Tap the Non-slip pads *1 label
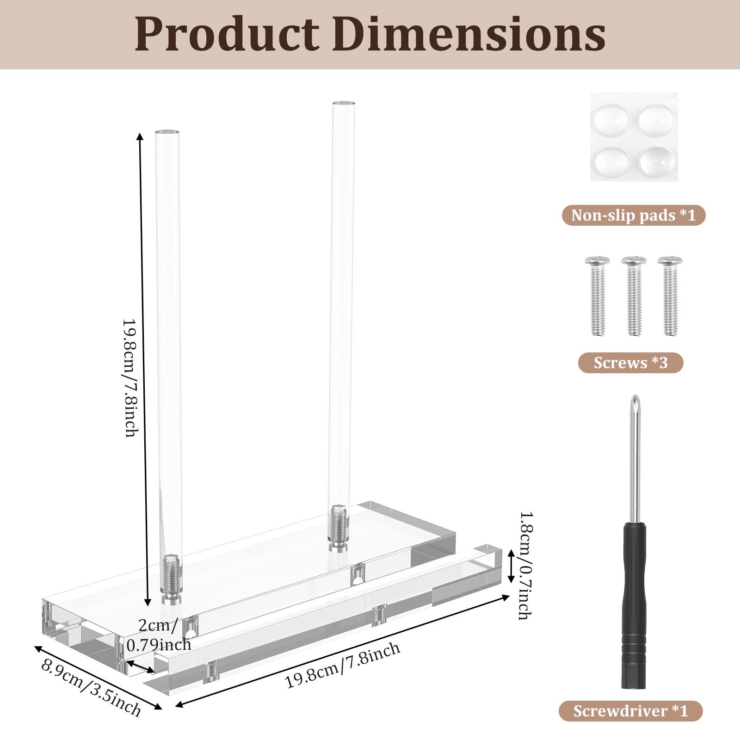[x=633, y=216]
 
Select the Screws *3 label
[x=630, y=363]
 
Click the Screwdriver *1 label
[x=630, y=711]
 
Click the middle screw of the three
[x=633, y=296]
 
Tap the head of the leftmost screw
[x=597, y=262]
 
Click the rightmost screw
[x=670, y=296]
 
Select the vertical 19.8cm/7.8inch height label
[x=130, y=377]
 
